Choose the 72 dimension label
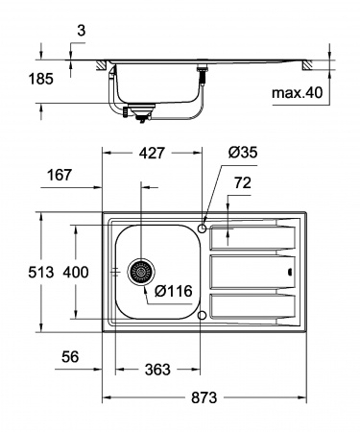[243, 181]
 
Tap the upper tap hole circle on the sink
[203, 228]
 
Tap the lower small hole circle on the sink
[202, 314]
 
